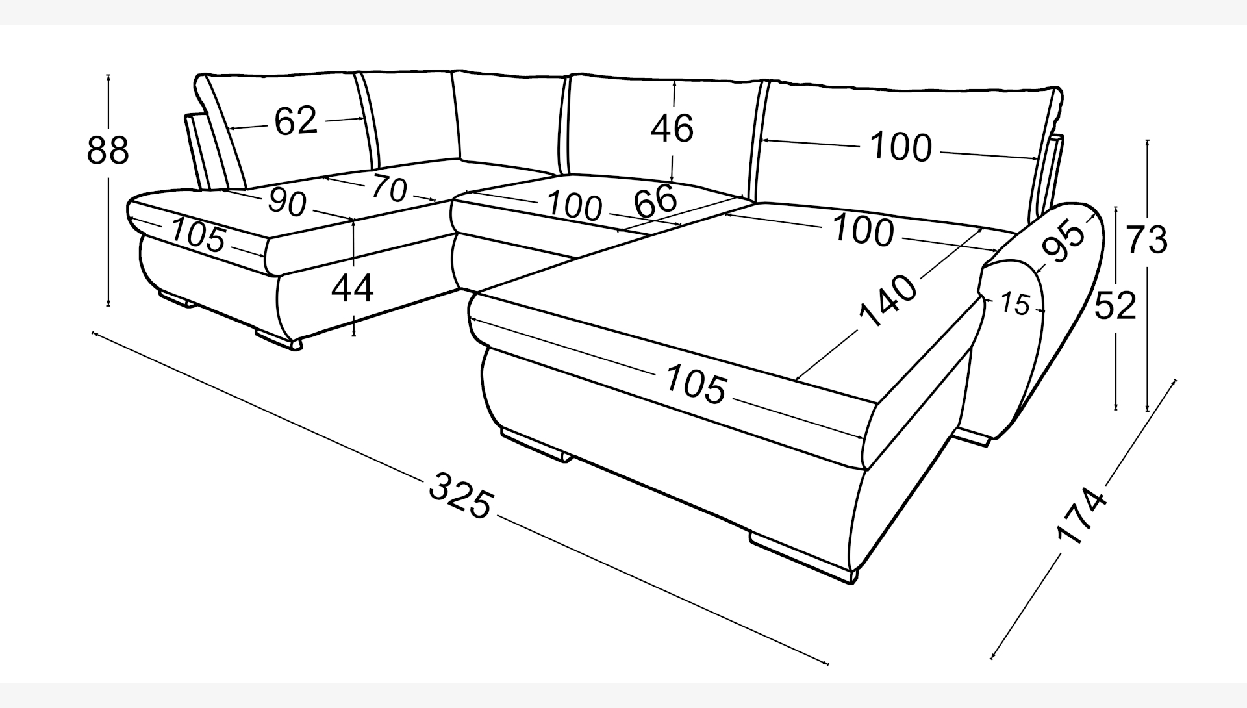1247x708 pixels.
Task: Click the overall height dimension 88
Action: pyautogui.click(x=108, y=151)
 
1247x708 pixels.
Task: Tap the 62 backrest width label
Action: pyautogui.click(x=296, y=121)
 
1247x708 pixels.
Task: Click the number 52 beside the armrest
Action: pyautogui.click(x=1115, y=306)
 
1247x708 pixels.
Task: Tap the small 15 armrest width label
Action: pyautogui.click(x=1015, y=303)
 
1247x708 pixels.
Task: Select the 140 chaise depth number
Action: pyautogui.click(x=887, y=300)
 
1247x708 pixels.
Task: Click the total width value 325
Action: pyautogui.click(x=461, y=496)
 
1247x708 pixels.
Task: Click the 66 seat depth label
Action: pyautogui.click(x=655, y=202)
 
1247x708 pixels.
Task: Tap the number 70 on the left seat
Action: pyautogui.click(x=389, y=188)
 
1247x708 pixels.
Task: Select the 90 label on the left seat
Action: pyautogui.click(x=286, y=202)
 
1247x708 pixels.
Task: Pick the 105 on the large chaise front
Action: pyautogui.click(x=696, y=384)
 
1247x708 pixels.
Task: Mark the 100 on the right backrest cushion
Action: pyautogui.click(x=900, y=147)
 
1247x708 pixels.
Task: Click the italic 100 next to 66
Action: pyautogui.click(x=573, y=206)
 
